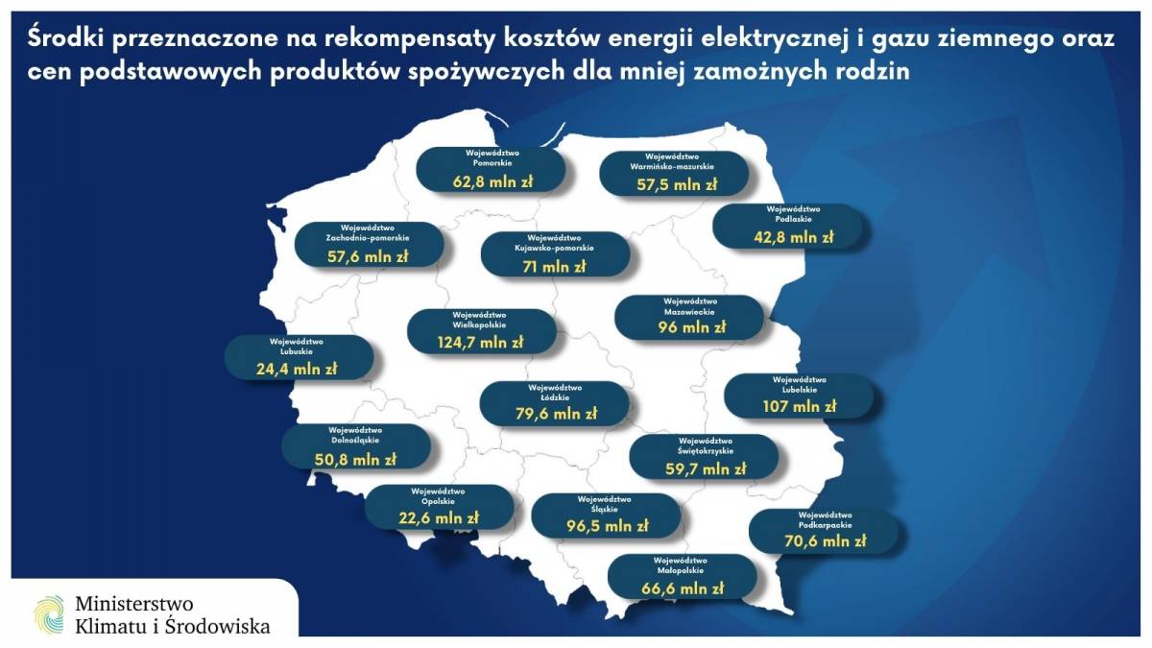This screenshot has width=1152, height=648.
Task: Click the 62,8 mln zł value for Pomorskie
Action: point(492,181)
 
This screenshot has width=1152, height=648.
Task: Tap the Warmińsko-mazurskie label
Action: point(672,167)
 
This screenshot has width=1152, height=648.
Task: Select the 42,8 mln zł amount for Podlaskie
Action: point(794,237)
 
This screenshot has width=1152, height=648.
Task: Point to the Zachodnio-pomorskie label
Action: point(368,238)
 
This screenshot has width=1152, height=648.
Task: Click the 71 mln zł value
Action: point(554,267)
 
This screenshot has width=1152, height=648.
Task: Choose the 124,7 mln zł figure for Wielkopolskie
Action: point(480,342)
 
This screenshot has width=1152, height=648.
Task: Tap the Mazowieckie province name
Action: point(689,312)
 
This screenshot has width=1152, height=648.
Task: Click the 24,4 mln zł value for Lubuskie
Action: point(297,369)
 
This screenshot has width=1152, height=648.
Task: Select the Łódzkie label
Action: point(555,397)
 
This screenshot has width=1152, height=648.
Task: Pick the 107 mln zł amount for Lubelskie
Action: point(799,407)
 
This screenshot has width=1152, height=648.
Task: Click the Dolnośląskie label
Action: point(355,441)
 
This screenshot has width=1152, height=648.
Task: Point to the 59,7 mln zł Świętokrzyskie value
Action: point(706,469)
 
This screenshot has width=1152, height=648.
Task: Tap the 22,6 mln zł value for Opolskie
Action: point(439,517)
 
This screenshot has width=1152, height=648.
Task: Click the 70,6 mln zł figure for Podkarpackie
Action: point(826,541)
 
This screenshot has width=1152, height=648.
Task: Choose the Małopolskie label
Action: point(681,570)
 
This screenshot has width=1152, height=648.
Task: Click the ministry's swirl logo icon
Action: point(49,614)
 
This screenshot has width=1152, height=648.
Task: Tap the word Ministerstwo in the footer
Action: point(134,603)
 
